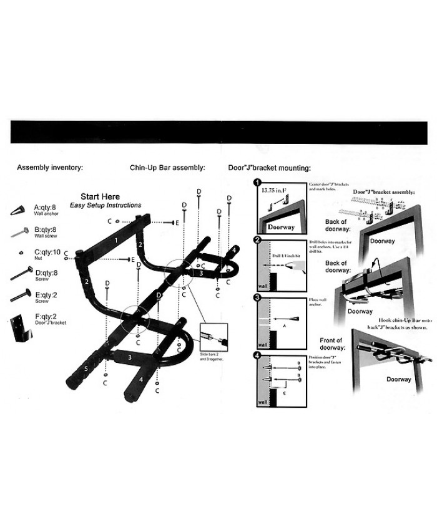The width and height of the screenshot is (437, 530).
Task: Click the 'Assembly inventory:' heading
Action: pos(50,168)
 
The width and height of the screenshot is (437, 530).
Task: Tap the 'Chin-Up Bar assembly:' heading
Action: pos(167,168)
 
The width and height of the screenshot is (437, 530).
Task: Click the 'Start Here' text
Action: pos(104,197)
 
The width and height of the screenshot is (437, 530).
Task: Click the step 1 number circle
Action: pos(257,183)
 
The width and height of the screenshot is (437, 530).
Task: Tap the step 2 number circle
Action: pos(257,240)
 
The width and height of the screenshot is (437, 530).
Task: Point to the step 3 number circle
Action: pos(257,297)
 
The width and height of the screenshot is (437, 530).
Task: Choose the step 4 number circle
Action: pos(257,355)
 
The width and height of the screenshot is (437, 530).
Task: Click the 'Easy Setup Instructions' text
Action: pos(105,205)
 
